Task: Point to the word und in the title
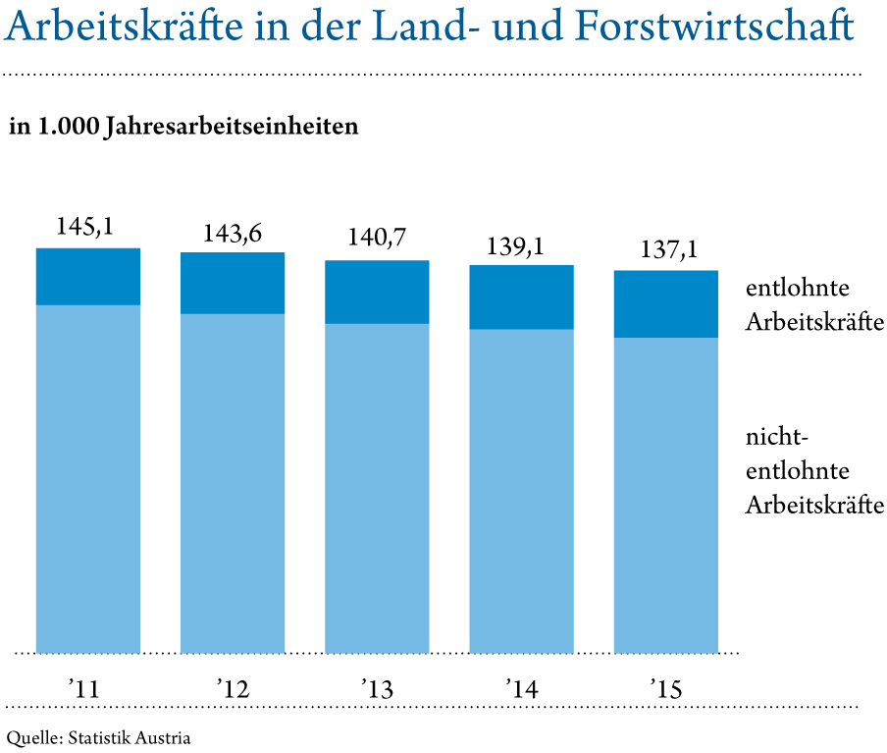pos(531,28)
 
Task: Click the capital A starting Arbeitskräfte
pos(19,28)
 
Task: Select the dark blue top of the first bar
pos(87,276)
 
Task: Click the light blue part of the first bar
pos(87,478)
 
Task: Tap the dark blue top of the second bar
pos(233,283)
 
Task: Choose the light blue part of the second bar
pos(233,483)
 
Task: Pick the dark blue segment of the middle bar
pos(377,292)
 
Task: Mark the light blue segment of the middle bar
pos(377,488)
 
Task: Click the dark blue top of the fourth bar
pos(521,296)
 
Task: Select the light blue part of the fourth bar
pos(521,491)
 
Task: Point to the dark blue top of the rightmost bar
pos(665,303)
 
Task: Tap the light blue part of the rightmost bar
pos(665,495)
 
